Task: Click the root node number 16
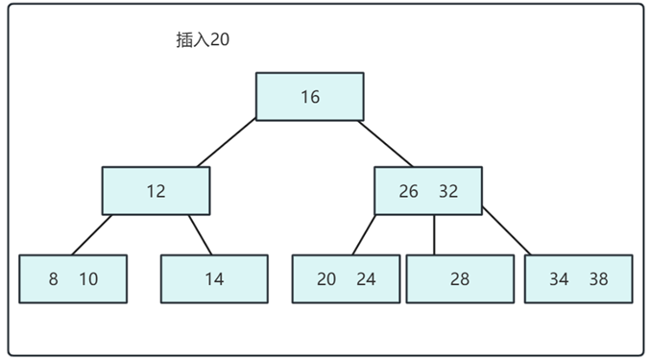(x=309, y=97)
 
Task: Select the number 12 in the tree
(x=156, y=191)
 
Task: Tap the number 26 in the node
(x=409, y=191)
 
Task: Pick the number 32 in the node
(x=448, y=191)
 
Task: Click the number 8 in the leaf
(x=54, y=279)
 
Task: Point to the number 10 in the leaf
(x=88, y=279)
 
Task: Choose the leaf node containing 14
(x=214, y=279)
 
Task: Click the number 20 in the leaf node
(x=326, y=279)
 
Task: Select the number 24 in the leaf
(x=366, y=279)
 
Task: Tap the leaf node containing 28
(x=460, y=279)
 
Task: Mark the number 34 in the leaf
(x=559, y=279)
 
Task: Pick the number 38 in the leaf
(x=598, y=279)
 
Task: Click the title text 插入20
(x=203, y=40)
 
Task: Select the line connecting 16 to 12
(x=227, y=143)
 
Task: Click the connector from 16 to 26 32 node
(x=386, y=143)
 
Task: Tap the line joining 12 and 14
(x=200, y=234)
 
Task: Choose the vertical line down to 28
(x=434, y=235)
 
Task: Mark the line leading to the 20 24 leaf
(x=363, y=235)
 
